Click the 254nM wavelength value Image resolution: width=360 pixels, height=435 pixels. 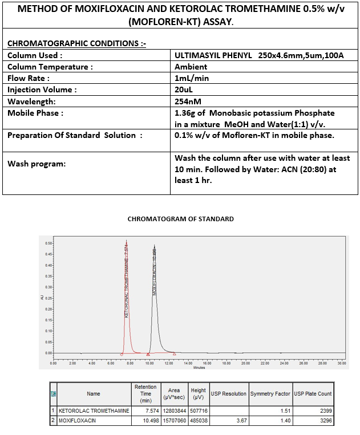[x=188, y=101]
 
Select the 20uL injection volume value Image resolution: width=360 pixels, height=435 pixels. [x=184, y=90]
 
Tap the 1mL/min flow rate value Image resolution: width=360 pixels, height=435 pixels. [x=192, y=78]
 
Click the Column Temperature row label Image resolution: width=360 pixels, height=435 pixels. [x=50, y=67]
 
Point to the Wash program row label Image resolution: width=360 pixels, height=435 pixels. [x=37, y=164]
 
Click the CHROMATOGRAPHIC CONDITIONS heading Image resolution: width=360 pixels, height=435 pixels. [x=76, y=43]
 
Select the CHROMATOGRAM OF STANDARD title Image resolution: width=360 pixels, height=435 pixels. [x=180, y=219]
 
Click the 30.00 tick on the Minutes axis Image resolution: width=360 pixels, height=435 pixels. [x=342, y=363]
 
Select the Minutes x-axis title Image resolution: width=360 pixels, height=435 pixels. [x=199, y=368]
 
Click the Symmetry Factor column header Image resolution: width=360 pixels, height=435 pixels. [x=270, y=394]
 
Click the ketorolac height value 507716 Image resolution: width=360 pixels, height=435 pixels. [x=197, y=410]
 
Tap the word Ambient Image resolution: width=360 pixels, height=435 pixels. [x=191, y=67]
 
